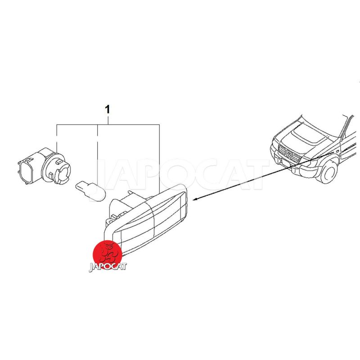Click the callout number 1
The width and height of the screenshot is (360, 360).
click(x=107, y=110)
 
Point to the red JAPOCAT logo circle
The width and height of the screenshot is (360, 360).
click(x=107, y=254)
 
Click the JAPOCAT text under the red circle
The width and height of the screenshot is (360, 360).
click(x=108, y=267)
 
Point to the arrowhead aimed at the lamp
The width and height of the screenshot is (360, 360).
click(x=195, y=199)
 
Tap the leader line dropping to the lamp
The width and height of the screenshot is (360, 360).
click(x=159, y=159)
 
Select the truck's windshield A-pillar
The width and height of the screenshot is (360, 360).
click(x=346, y=126)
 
